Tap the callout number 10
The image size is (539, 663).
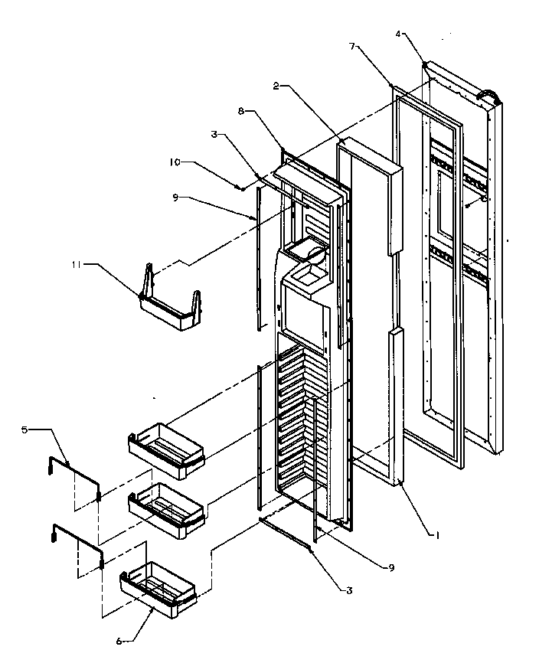(x=175, y=162)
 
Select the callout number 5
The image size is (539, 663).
(x=24, y=430)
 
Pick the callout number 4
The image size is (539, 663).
(x=400, y=34)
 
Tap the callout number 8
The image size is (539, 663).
(x=243, y=112)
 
